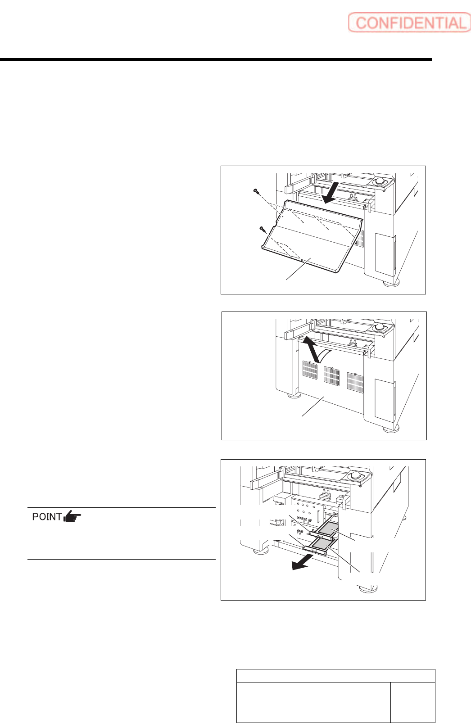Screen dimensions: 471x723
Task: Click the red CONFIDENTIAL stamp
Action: pyautogui.click(x=409, y=23)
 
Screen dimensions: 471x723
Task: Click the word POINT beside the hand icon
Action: pyautogui.click(x=47, y=516)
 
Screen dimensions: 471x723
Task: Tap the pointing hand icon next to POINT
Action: pyautogui.click(x=72, y=517)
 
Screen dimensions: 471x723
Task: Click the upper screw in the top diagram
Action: pyautogui.click(x=255, y=192)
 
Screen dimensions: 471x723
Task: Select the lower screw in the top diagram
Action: pyautogui.click(x=262, y=229)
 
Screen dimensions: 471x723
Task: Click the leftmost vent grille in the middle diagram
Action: pyautogui.click(x=310, y=370)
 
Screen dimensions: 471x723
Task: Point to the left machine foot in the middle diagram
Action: pyautogui.click(x=294, y=395)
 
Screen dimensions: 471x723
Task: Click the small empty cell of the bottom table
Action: pyautogui.click(x=412, y=702)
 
